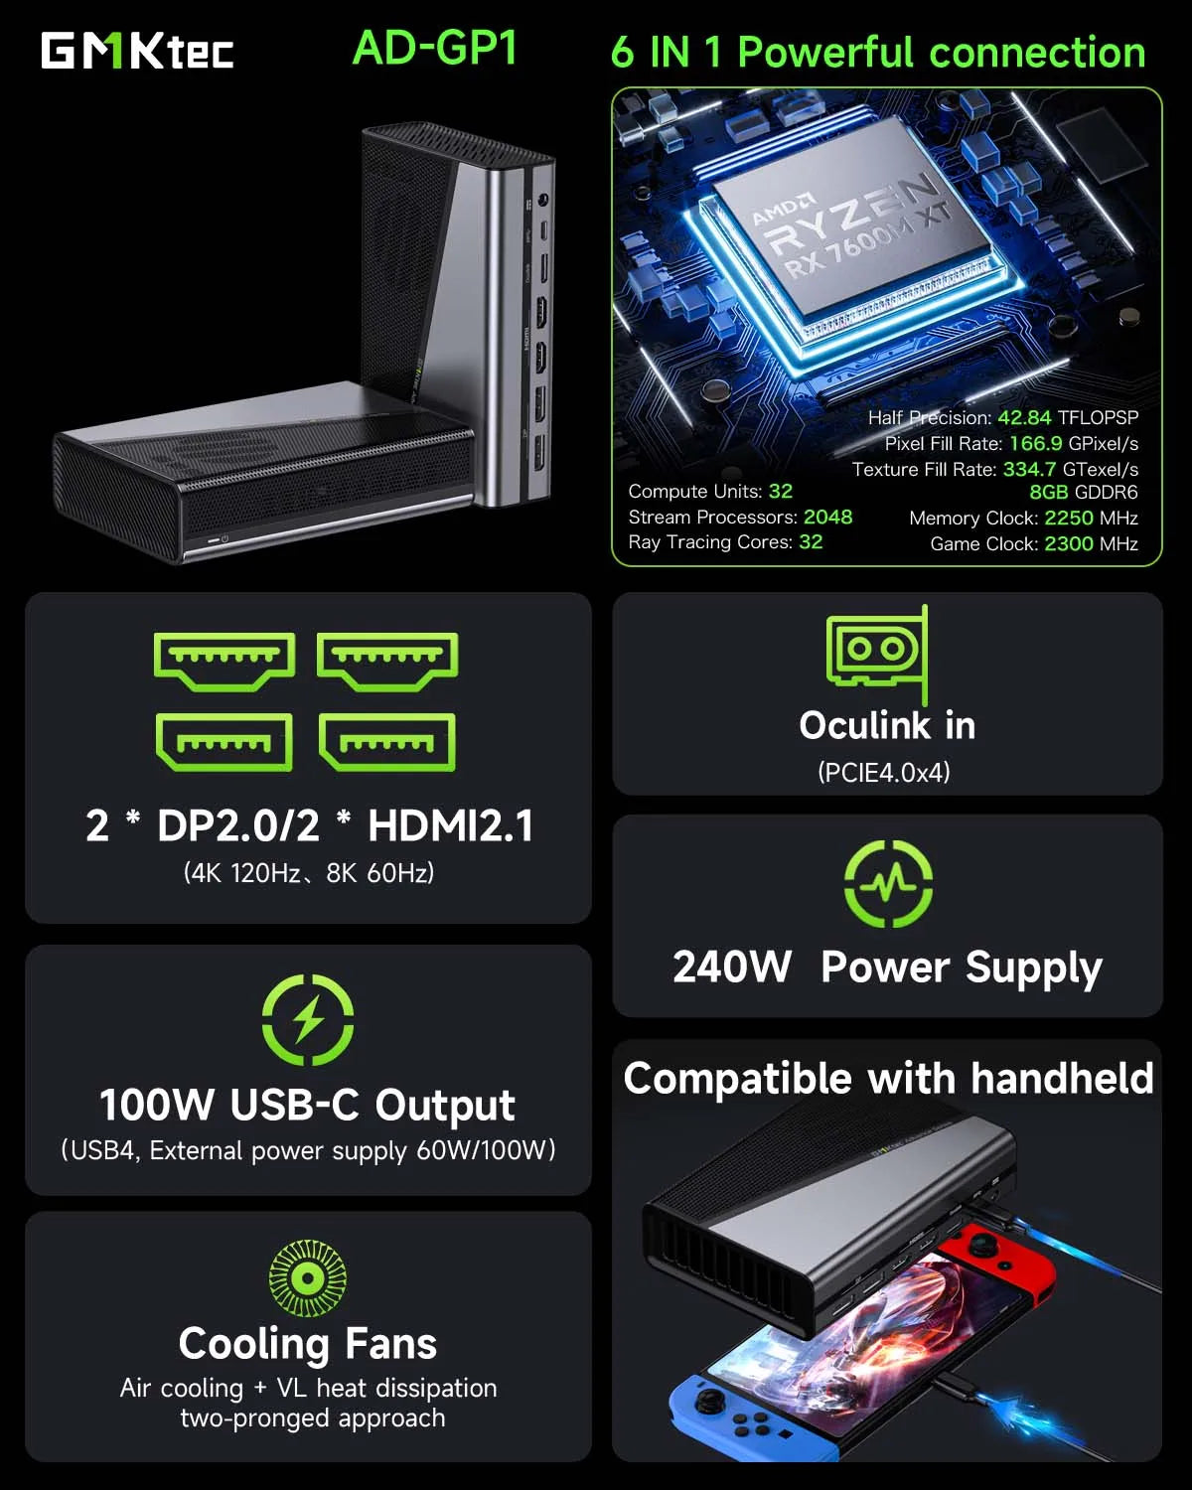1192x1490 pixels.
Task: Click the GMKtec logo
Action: click(137, 51)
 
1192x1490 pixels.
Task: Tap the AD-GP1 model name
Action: click(435, 48)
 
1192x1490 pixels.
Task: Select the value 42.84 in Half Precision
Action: click(1023, 417)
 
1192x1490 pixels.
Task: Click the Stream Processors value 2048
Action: click(827, 517)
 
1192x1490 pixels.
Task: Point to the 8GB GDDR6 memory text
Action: click(1083, 492)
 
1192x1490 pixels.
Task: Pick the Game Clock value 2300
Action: click(1068, 543)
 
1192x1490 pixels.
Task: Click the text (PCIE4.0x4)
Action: click(883, 772)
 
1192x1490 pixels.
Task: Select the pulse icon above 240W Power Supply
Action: click(888, 883)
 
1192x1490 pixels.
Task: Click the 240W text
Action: click(732, 967)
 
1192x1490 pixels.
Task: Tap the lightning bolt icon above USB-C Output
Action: click(308, 1020)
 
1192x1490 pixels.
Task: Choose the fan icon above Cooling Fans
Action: click(307, 1277)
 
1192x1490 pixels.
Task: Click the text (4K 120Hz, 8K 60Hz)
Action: click(308, 872)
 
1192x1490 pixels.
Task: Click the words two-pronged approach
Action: click(312, 1417)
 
